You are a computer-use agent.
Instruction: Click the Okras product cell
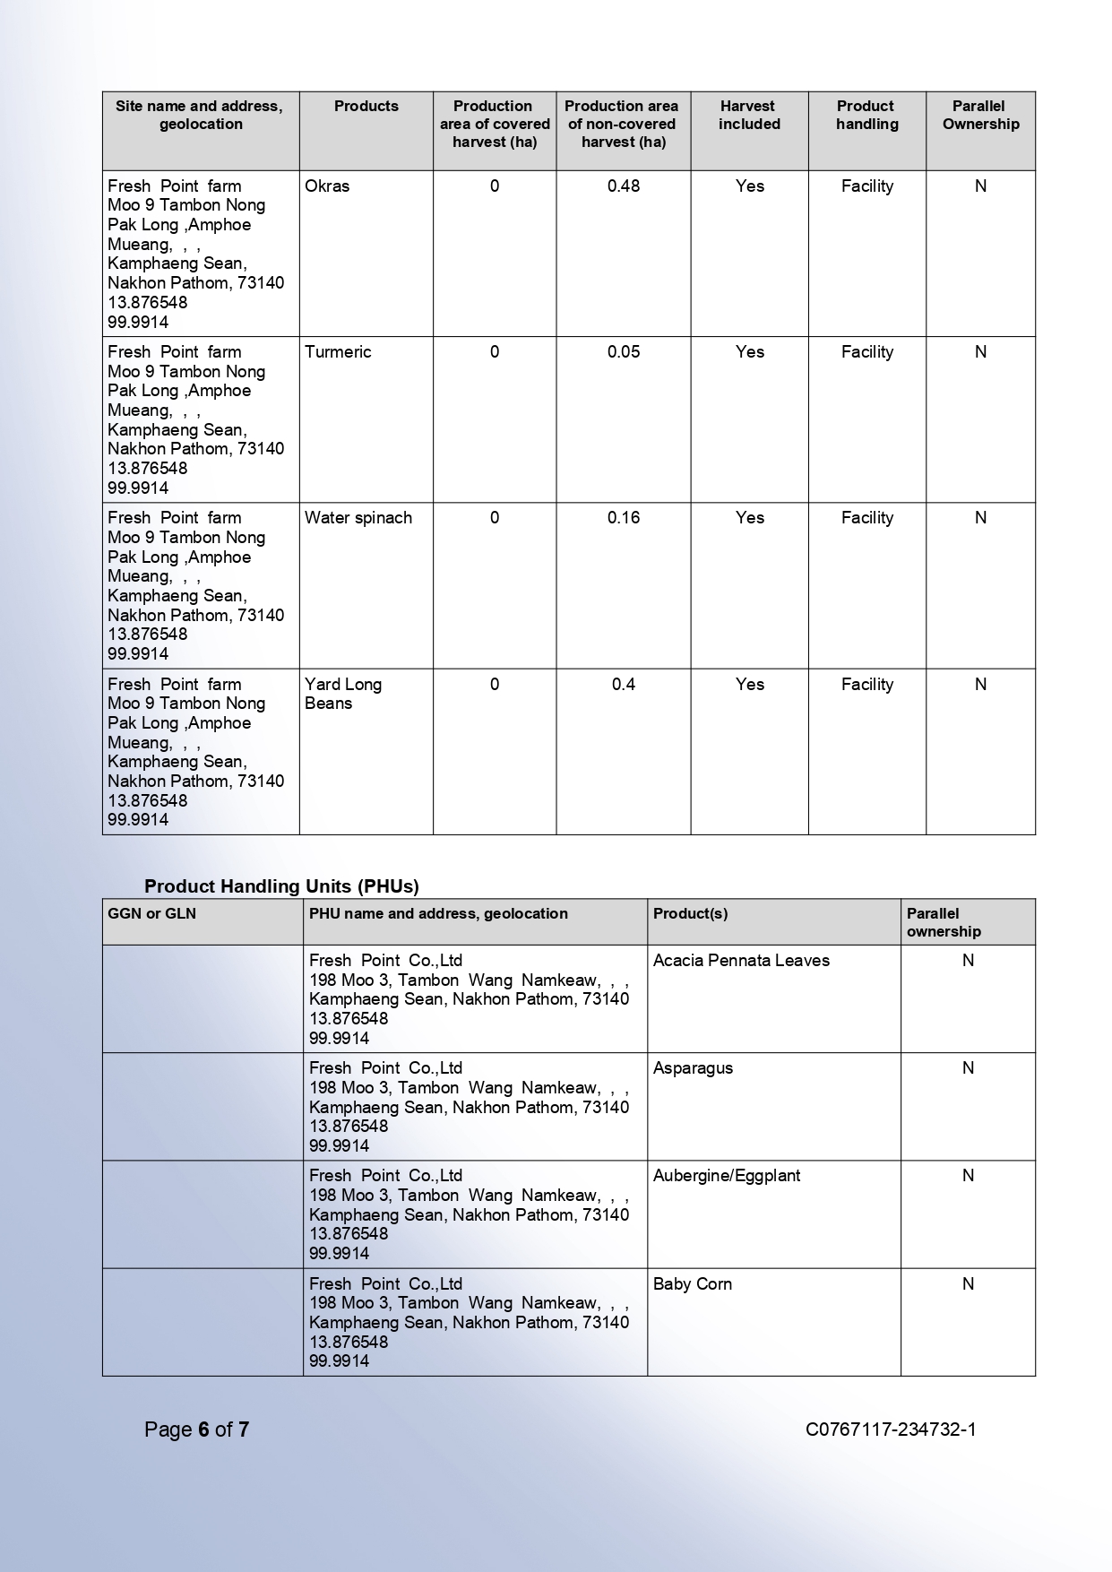(327, 186)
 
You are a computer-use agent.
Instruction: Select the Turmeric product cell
(338, 352)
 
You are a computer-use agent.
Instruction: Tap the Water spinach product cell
(358, 518)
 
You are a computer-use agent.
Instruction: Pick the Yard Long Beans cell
(343, 694)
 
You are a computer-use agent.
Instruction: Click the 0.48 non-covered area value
(624, 186)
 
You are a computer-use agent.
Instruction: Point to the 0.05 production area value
(624, 352)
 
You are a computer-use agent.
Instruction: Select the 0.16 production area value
(624, 518)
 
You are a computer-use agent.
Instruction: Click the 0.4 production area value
(624, 685)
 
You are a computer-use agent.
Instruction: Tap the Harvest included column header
(749, 116)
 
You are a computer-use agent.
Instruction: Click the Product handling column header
(866, 116)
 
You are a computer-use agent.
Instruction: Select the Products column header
(366, 107)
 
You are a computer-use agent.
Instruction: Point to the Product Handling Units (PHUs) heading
(281, 886)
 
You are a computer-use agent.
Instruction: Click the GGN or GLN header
(151, 914)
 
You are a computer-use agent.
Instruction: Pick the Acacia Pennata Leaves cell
(741, 961)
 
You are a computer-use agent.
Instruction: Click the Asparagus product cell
(693, 1068)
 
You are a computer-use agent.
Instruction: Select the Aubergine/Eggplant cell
(727, 1176)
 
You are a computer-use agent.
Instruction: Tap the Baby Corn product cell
(693, 1284)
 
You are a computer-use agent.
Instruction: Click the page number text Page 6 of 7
(196, 1429)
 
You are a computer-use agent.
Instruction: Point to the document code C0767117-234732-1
(891, 1429)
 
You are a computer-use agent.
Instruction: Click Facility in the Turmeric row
(866, 352)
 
